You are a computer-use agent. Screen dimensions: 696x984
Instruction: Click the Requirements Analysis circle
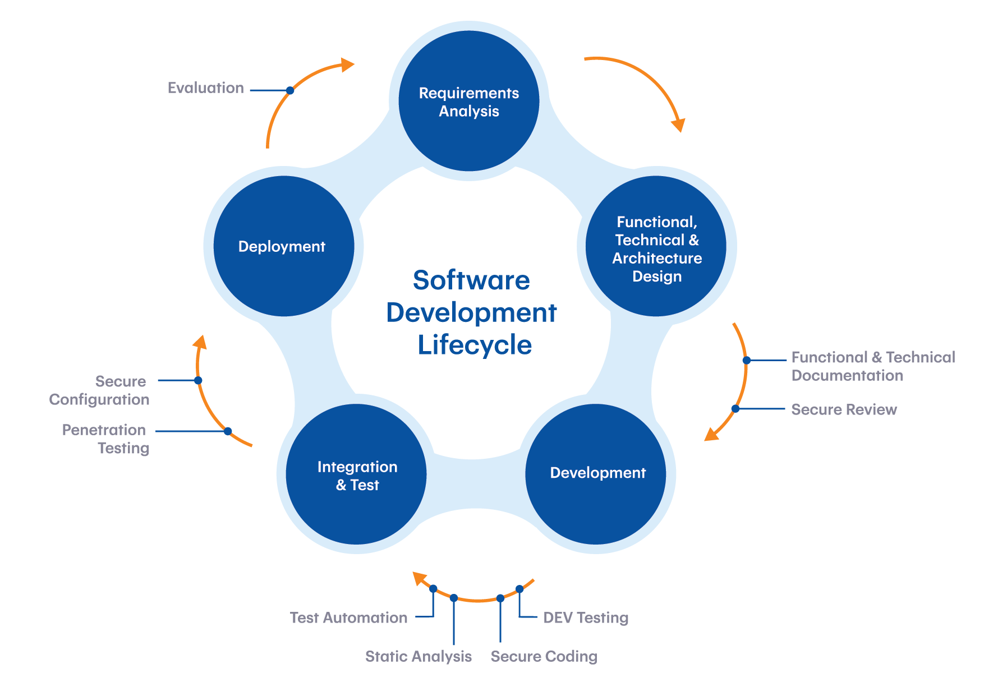(x=468, y=102)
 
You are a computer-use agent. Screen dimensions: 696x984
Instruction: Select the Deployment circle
(x=283, y=246)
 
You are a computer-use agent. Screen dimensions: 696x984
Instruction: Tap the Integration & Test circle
(x=356, y=474)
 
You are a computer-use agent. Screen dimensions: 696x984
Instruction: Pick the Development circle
(x=596, y=474)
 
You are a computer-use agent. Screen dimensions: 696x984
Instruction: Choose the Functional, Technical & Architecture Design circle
(x=656, y=247)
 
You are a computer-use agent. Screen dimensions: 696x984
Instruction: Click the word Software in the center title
(x=471, y=280)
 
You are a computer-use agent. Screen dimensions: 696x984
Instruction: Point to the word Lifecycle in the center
(x=475, y=344)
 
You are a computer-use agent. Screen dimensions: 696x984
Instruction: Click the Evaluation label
(x=206, y=88)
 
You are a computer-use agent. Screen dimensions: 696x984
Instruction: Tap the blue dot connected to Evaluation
(x=290, y=90)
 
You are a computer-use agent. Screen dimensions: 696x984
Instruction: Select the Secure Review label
(x=844, y=409)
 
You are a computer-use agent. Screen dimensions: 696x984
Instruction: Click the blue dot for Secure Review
(x=735, y=409)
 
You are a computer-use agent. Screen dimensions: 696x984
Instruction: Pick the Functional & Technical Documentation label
(x=873, y=366)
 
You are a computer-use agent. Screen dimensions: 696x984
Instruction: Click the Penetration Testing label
(x=105, y=439)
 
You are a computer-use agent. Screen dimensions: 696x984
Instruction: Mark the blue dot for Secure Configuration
(x=198, y=380)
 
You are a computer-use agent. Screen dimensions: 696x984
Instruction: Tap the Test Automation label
(x=348, y=617)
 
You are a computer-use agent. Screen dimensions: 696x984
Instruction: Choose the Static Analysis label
(x=419, y=656)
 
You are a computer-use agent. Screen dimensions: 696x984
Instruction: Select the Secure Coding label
(x=544, y=656)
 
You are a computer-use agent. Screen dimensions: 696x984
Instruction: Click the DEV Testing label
(x=586, y=617)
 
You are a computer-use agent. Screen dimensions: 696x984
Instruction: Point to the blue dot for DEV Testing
(x=519, y=589)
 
